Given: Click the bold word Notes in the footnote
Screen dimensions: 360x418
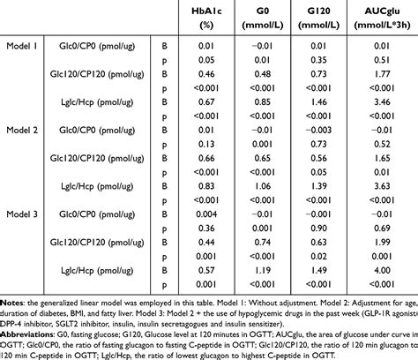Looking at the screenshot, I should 12,302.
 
